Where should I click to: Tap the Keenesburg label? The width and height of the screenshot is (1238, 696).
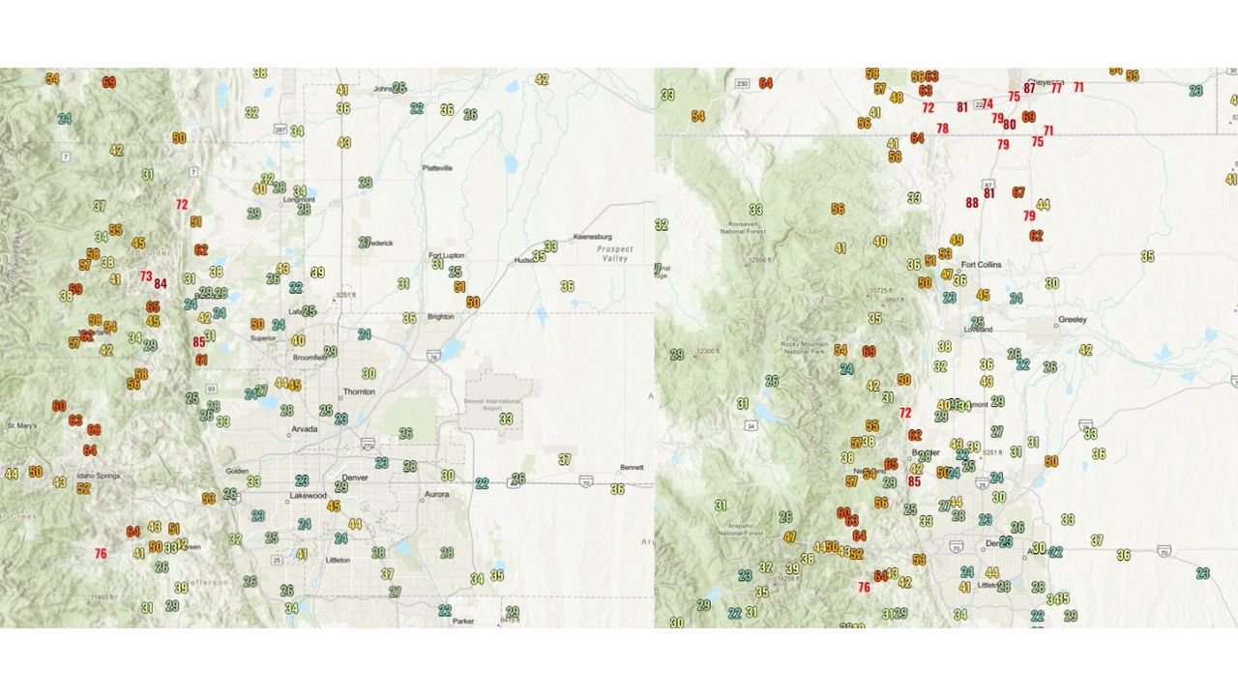pyautogui.click(x=595, y=237)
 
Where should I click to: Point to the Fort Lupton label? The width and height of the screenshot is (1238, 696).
pyautogui.click(x=448, y=255)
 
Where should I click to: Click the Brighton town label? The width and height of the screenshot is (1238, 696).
pyautogui.click(x=441, y=316)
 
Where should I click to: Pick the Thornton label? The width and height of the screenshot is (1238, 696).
pyautogui.click(x=359, y=391)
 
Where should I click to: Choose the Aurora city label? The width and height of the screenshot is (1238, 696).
pyautogui.click(x=437, y=494)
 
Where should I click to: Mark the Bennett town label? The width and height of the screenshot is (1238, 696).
pyautogui.click(x=632, y=467)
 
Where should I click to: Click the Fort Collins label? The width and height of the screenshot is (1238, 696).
pyautogui.click(x=982, y=264)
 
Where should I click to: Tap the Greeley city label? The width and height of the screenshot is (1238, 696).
pyautogui.click(x=1073, y=319)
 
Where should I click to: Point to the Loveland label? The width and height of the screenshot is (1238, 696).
pyautogui.click(x=979, y=329)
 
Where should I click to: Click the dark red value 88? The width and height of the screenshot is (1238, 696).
pyautogui.click(x=972, y=203)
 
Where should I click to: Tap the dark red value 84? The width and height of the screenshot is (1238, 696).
pyautogui.click(x=161, y=283)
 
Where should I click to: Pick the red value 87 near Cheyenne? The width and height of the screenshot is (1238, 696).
pyautogui.click(x=1029, y=88)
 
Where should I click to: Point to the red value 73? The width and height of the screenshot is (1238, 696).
pyautogui.click(x=145, y=275)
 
